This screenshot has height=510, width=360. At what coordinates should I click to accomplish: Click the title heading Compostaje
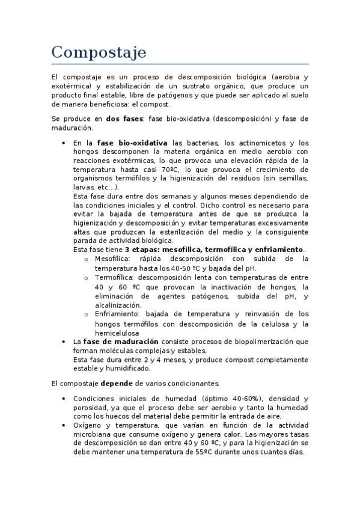click(x=99, y=52)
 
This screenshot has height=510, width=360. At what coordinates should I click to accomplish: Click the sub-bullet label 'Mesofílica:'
click(x=112, y=259)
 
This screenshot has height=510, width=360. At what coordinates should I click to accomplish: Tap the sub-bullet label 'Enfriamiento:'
click(x=117, y=314)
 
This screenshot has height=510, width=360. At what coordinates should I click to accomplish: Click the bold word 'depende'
click(x=117, y=383)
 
